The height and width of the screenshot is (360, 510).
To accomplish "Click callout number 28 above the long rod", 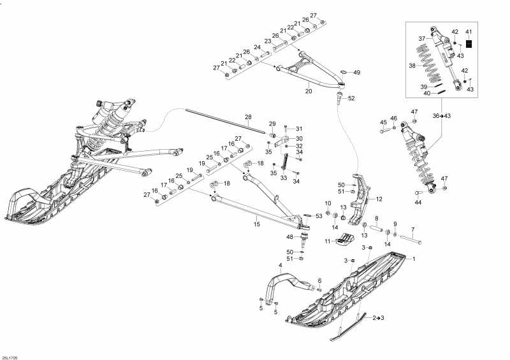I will tap(249, 117).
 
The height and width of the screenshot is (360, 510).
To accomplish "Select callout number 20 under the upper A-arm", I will tap(309, 91).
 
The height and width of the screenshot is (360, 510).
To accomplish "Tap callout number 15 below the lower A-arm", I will tap(257, 224).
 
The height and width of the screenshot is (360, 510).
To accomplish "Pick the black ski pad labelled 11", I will tap(344, 240).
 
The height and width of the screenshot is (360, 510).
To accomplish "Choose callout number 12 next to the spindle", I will tap(379, 199).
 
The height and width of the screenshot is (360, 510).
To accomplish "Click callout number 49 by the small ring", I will tap(356, 73).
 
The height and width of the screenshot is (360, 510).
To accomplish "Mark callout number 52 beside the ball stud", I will tap(351, 98).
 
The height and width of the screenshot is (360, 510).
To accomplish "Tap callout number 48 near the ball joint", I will tap(289, 237).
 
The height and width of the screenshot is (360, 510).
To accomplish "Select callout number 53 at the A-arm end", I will tap(319, 216).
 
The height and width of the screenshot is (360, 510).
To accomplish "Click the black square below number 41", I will tap(469, 45).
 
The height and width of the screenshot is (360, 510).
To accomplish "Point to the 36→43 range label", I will tap(441, 116).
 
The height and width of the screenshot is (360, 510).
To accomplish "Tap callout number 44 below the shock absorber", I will tap(418, 203).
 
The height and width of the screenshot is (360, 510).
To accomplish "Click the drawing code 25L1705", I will tap(10, 356).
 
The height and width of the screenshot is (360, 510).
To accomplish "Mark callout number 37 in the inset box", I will tap(421, 39).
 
